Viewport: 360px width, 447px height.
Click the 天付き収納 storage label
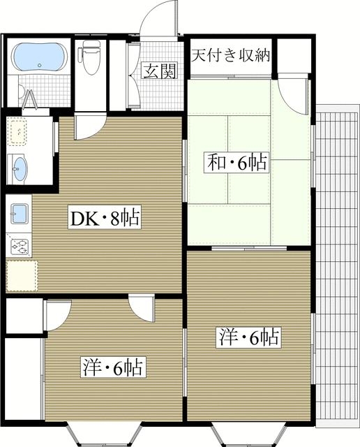231,54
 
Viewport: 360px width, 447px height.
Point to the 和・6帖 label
236,163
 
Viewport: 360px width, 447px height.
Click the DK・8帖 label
104,219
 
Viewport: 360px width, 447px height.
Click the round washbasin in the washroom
19,166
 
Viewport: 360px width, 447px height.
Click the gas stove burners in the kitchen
18,246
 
